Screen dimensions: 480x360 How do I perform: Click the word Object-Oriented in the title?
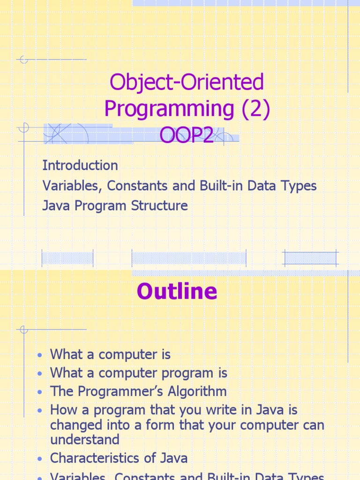click(x=187, y=83)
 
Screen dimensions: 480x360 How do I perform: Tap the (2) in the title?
click(x=255, y=109)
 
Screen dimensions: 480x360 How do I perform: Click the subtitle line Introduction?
click(x=80, y=165)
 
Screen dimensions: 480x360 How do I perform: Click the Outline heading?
click(x=177, y=291)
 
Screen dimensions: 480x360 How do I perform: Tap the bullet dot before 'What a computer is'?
click(x=41, y=355)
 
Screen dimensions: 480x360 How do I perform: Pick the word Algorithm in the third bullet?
click(x=198, y=391)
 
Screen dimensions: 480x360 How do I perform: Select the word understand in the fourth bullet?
click(x=85, y=440)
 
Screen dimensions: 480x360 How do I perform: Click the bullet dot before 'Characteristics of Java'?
click(x=41, y=459)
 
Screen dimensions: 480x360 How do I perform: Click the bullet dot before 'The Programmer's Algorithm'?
click(x=41, y=392)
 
